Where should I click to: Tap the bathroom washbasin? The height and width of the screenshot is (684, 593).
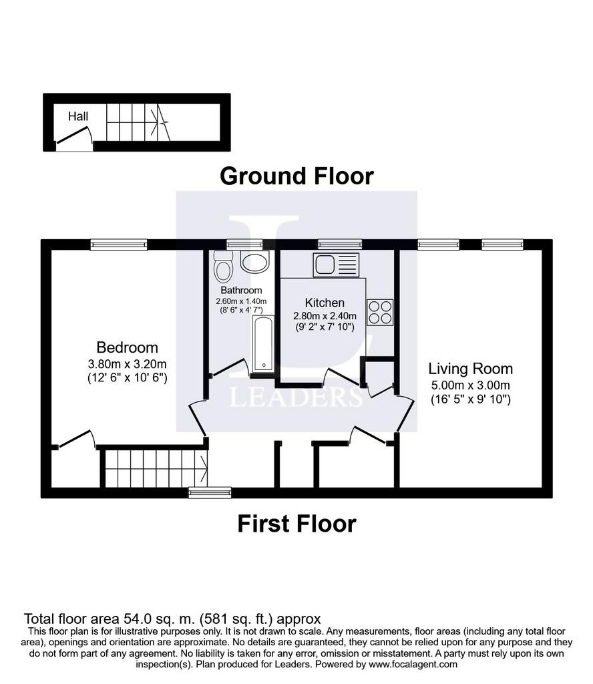click(x=255, y=263)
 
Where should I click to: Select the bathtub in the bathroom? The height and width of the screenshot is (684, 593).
click(x=263, y=344)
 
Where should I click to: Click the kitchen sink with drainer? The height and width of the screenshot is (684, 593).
click(x=336, y=265)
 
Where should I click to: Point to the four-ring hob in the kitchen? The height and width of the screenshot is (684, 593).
click(x=380, y=313)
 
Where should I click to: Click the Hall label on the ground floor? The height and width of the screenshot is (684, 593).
click(x=78, y=116)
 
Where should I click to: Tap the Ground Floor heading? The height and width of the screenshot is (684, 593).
click(x=296, y=176)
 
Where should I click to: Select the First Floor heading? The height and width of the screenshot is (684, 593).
click(x=296, y=524)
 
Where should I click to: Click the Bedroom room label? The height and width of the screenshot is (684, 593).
click(x=128, y=347)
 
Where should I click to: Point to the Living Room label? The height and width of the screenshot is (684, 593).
click(x=471, y=369)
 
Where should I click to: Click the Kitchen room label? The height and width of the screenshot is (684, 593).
click(x=325, y=303)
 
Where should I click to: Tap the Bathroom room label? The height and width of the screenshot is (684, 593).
click(x=241, y=291)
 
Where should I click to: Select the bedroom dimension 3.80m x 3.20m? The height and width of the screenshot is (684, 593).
click(x=128, y=364)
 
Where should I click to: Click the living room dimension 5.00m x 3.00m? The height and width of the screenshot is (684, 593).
click(x=471, y=385)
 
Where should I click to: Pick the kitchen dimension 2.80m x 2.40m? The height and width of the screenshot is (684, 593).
click(x=325, y=316)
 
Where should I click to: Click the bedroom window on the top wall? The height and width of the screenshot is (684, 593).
click(x=119, y=244)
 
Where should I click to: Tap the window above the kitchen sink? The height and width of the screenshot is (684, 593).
click(x=340, y=244)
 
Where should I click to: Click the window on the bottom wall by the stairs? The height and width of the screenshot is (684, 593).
click(x=210, y=492)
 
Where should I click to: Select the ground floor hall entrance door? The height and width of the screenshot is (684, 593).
click(x=73, y=135)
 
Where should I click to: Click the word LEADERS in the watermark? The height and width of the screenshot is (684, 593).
click(x=296, y=397)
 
